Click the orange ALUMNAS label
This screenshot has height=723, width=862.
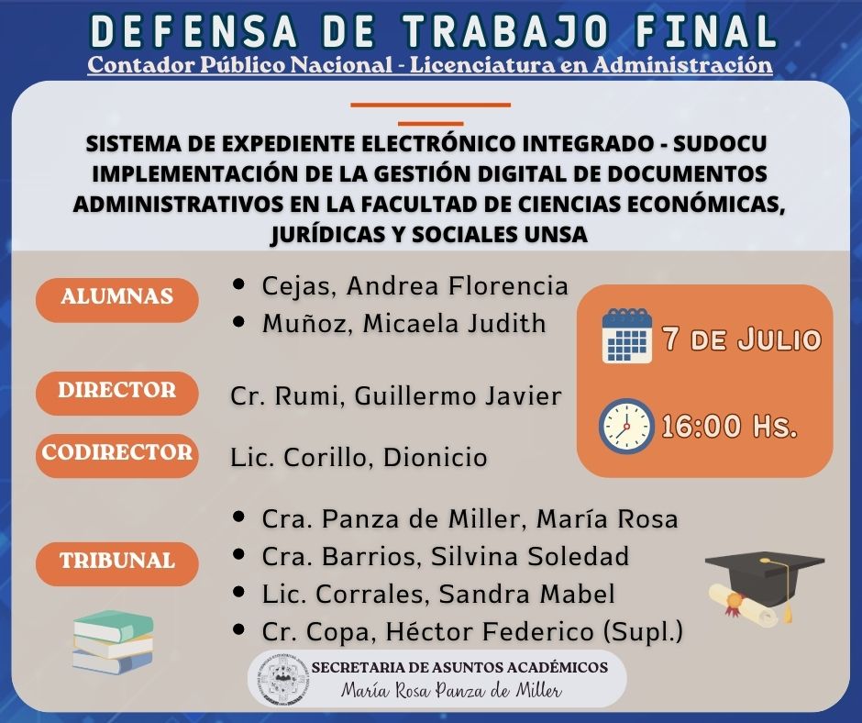coord(117,299)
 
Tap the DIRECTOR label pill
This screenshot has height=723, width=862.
coord(117,393)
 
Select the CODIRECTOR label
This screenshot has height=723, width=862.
coord(117,455)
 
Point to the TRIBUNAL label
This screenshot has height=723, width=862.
coord(117,563)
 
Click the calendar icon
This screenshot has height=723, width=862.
coord(626,336)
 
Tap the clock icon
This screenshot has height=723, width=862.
coord(626,426)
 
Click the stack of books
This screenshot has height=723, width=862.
coord(113,641)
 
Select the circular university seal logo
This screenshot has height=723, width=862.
coord(282,679)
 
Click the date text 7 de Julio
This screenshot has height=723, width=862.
coord(742,339)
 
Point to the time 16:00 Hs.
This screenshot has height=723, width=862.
coord(729,427)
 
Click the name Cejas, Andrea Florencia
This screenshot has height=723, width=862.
coord(414,286)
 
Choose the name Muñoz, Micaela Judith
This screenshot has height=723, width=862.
coord(404,324)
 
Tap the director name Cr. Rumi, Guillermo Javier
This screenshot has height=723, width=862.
coord(396,396)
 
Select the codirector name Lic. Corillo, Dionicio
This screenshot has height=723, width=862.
coord(359,458)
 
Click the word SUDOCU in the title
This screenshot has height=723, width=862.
coord(720,144)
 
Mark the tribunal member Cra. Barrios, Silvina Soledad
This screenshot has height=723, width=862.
coord(446,556)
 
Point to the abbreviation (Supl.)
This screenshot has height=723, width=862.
coord(643,631)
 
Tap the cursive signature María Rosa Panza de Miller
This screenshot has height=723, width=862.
coord(451,690)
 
